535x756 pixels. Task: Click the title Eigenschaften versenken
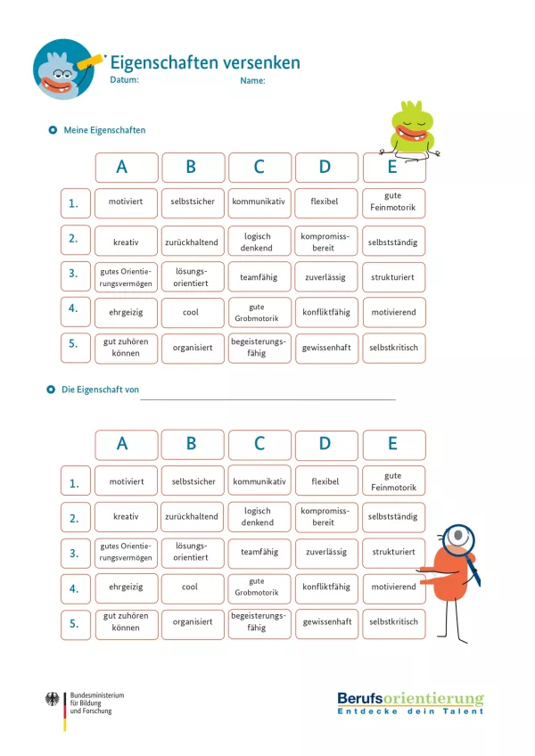coord(205,62)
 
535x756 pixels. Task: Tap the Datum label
coord(124,80)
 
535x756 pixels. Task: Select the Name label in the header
coord(252,81)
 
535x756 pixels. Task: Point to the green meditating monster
coord(412,129)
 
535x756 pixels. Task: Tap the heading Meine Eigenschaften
coord(104,130)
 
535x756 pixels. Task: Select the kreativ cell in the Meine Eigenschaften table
coord(126,242)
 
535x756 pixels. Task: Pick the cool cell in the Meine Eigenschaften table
coord(191,313)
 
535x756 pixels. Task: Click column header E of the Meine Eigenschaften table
coord(393,168)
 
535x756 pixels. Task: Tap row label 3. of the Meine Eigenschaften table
coord(75,276)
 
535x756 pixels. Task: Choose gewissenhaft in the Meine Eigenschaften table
coord(325,348)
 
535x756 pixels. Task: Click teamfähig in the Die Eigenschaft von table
coord(259,552)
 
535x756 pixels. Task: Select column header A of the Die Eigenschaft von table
coord(126,444)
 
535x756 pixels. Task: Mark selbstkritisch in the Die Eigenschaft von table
coord(393,622)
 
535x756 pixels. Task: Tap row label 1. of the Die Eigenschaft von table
coord(75,483)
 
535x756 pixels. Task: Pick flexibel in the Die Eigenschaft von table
coord(325,481)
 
